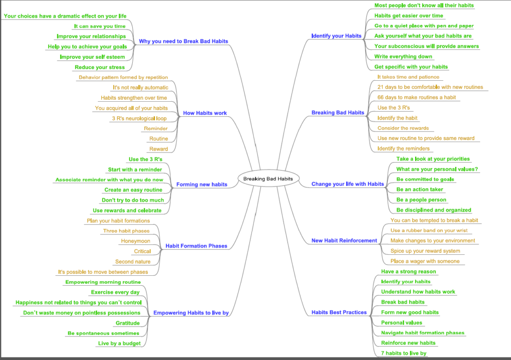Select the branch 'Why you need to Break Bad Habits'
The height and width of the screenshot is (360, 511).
184,41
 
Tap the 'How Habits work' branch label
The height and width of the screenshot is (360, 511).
205,113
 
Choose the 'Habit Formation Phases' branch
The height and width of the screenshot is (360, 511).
196,246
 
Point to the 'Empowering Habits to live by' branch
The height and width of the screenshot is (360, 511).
191,313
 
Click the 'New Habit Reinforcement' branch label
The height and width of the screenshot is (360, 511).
344,240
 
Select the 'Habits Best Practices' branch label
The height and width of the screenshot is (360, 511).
339,313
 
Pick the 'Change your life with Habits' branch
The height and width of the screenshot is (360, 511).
348,184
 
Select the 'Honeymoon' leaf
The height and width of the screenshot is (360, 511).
136,241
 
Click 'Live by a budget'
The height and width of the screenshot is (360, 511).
119,343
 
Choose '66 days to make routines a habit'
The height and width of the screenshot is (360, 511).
410,97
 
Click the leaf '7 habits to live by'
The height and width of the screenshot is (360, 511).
404,353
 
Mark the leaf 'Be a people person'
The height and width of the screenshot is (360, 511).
421,200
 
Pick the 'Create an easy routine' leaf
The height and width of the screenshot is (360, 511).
133,190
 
